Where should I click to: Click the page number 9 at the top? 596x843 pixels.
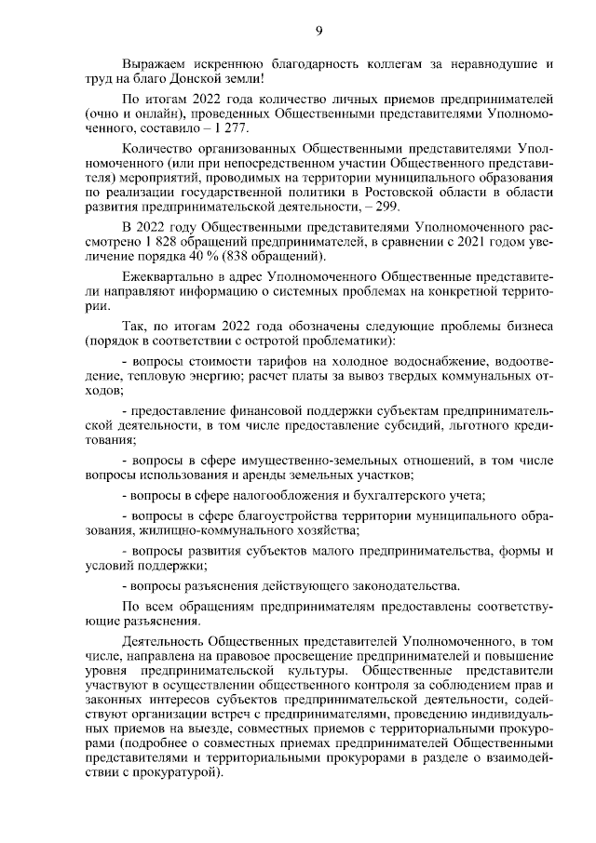coord(318,32)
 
